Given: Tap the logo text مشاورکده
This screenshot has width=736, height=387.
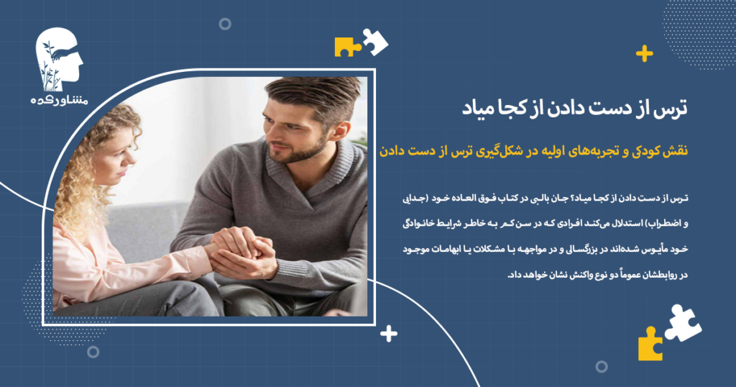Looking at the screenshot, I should (x=59, y=101).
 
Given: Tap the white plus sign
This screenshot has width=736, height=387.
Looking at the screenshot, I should (x=389, y=333).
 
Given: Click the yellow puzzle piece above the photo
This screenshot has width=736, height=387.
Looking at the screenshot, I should (x=347, y=47).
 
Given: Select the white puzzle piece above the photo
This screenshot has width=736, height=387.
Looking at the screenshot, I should (x=374, y=42).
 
